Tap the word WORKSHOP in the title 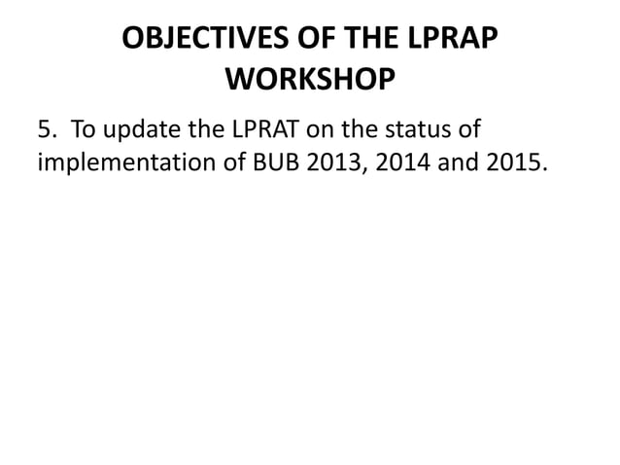(x=310, y=79)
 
